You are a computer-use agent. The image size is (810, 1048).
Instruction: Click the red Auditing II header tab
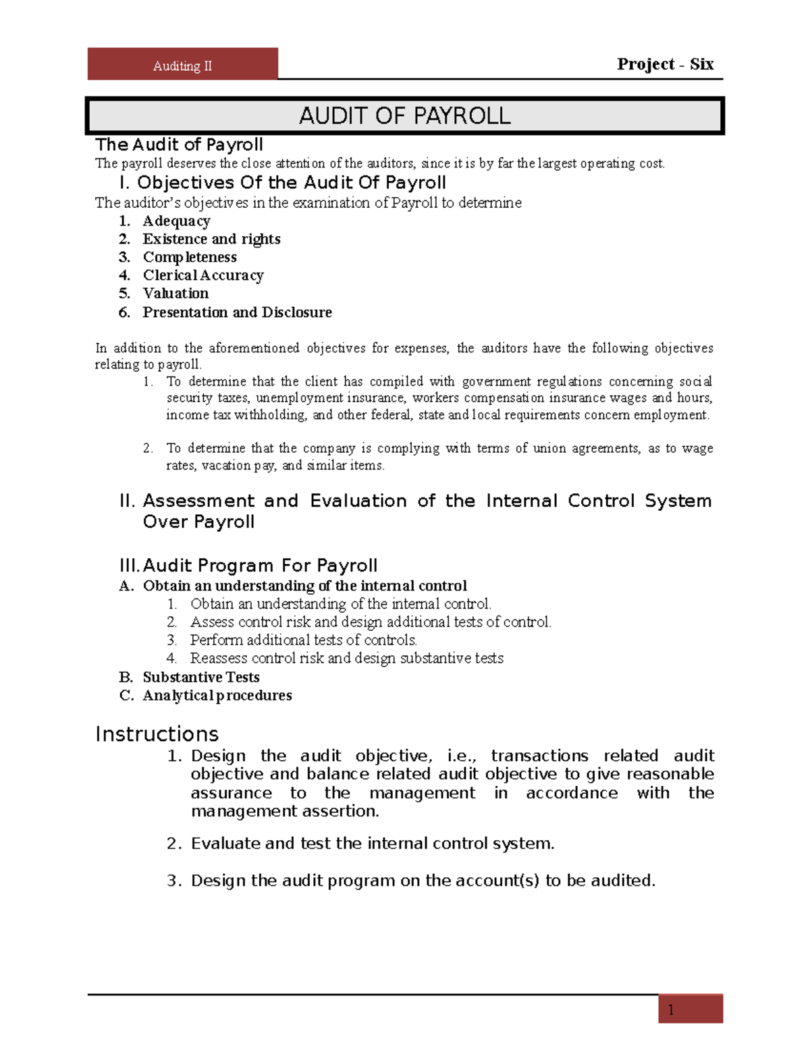[182, 65]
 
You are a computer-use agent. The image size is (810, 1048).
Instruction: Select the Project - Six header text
[665, 64]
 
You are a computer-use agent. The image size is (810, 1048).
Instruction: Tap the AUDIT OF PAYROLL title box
[404, 116]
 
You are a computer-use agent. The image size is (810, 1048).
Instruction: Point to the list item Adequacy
[176, 221]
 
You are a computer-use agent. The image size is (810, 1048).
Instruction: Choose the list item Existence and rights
[211, 240]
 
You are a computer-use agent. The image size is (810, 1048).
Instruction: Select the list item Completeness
[190, 257]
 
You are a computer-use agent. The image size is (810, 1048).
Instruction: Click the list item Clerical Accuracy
[202, 275]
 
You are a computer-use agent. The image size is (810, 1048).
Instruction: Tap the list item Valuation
[175, 294]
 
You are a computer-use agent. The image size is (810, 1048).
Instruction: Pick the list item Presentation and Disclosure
[237, 312]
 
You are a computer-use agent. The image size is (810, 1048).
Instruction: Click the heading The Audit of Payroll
[179, 144]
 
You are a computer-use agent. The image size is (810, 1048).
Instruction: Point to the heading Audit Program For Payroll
[260, 566]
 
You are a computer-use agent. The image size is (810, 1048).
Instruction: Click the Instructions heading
[157, 734]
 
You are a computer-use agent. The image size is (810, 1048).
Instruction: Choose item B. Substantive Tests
[200, 678]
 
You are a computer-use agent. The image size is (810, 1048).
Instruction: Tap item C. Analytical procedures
[217, 696]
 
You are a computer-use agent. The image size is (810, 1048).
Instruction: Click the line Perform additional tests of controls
[303, 640]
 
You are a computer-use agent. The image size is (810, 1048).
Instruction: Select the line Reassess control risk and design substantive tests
[346, 658]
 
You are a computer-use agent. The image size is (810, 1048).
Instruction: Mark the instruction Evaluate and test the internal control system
[372, 844]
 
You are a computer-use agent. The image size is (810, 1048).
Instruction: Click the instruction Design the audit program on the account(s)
[423, 881]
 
